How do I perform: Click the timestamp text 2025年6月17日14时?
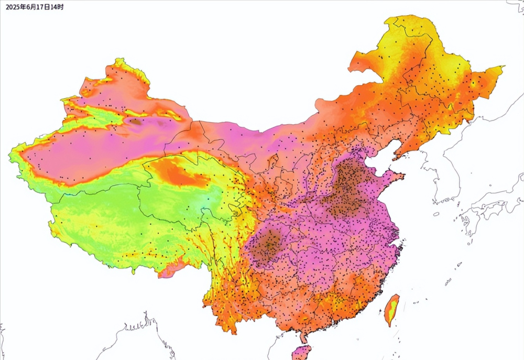[35, 7]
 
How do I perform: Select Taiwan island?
[391, 310]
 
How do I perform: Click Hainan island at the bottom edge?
[301, 353]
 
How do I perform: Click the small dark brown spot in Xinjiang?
[136, 122]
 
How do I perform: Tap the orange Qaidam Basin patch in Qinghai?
[178, 173]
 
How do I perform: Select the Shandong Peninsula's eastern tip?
[402, 176]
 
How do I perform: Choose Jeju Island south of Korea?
[436, 214]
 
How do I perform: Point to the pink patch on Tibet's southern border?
[171, 271]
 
